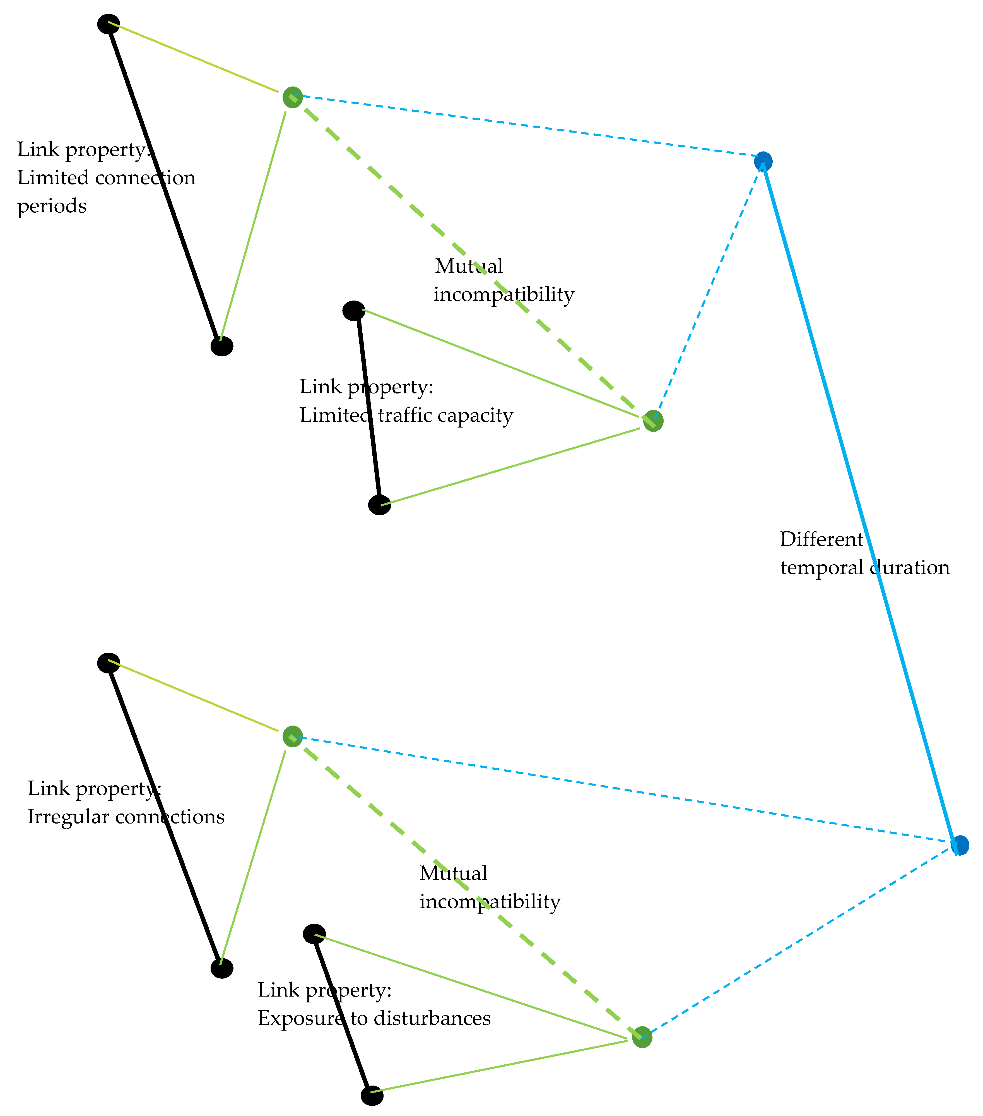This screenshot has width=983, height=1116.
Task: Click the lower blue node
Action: coord(960,845)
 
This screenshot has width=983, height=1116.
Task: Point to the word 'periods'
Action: coord(52,207)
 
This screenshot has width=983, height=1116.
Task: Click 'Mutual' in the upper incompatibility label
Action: coord(469,267)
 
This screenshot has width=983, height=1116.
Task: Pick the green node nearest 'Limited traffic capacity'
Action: coord(653,421)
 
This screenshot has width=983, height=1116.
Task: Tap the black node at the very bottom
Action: coord(372,1095)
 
